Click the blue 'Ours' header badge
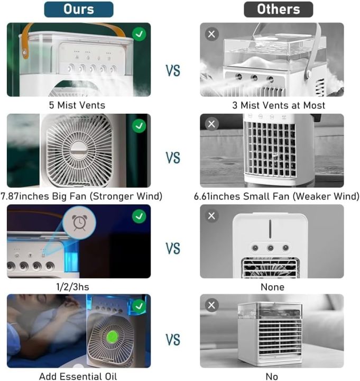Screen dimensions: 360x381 [79, 10]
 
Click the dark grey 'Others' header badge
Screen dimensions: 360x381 [279, 10]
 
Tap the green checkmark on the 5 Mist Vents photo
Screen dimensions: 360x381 [139, 34]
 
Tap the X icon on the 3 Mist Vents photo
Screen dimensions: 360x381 [211, 34]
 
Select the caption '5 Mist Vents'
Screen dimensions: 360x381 [77, 105]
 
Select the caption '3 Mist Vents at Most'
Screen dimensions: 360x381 [279, 105]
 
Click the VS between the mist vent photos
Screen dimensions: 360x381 [173, 71]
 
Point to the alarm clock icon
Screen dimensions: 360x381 [79, 223]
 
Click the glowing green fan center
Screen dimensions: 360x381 [112, 337]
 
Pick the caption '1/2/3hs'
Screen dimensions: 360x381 [72, 287]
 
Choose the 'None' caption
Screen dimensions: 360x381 [272, 287]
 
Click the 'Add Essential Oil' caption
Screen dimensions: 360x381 [78, 376]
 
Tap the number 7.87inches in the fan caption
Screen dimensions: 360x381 [25, 196]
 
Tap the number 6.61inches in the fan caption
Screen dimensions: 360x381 [217, 196]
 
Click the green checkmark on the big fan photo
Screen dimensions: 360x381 [139, 126]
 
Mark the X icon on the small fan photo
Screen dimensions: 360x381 [211, 124]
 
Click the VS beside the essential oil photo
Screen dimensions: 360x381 [173, 339]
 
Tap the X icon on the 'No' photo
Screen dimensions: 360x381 [211, 305]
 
